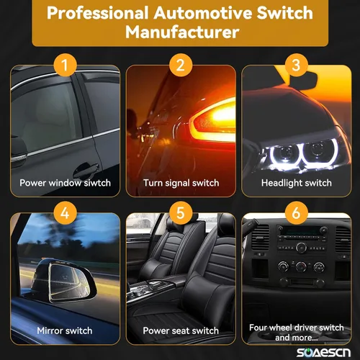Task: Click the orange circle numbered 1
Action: tap(65, 65)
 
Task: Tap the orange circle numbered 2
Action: tap(181, 65)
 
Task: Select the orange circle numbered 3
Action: tap(296, 65)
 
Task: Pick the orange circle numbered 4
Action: tap(65, 213)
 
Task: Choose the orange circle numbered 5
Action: tap(181, 213)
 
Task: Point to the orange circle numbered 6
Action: tap(296, 213)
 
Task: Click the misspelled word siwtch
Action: tap(97, 183)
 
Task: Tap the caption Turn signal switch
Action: tap(181, 183)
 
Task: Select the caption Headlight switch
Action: tap(297, 183)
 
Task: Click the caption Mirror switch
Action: tap(65, 330)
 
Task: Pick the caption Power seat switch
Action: tap(181, 330)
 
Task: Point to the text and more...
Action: tap(297, 338)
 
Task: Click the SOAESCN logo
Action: tap(323, 353)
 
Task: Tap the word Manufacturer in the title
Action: tap(182, 32)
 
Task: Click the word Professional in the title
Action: tap(97, 13)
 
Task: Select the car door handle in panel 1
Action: tap(87, 168)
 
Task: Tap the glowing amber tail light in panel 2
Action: tap(212, 121)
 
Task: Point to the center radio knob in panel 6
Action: tap(301, 247)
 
